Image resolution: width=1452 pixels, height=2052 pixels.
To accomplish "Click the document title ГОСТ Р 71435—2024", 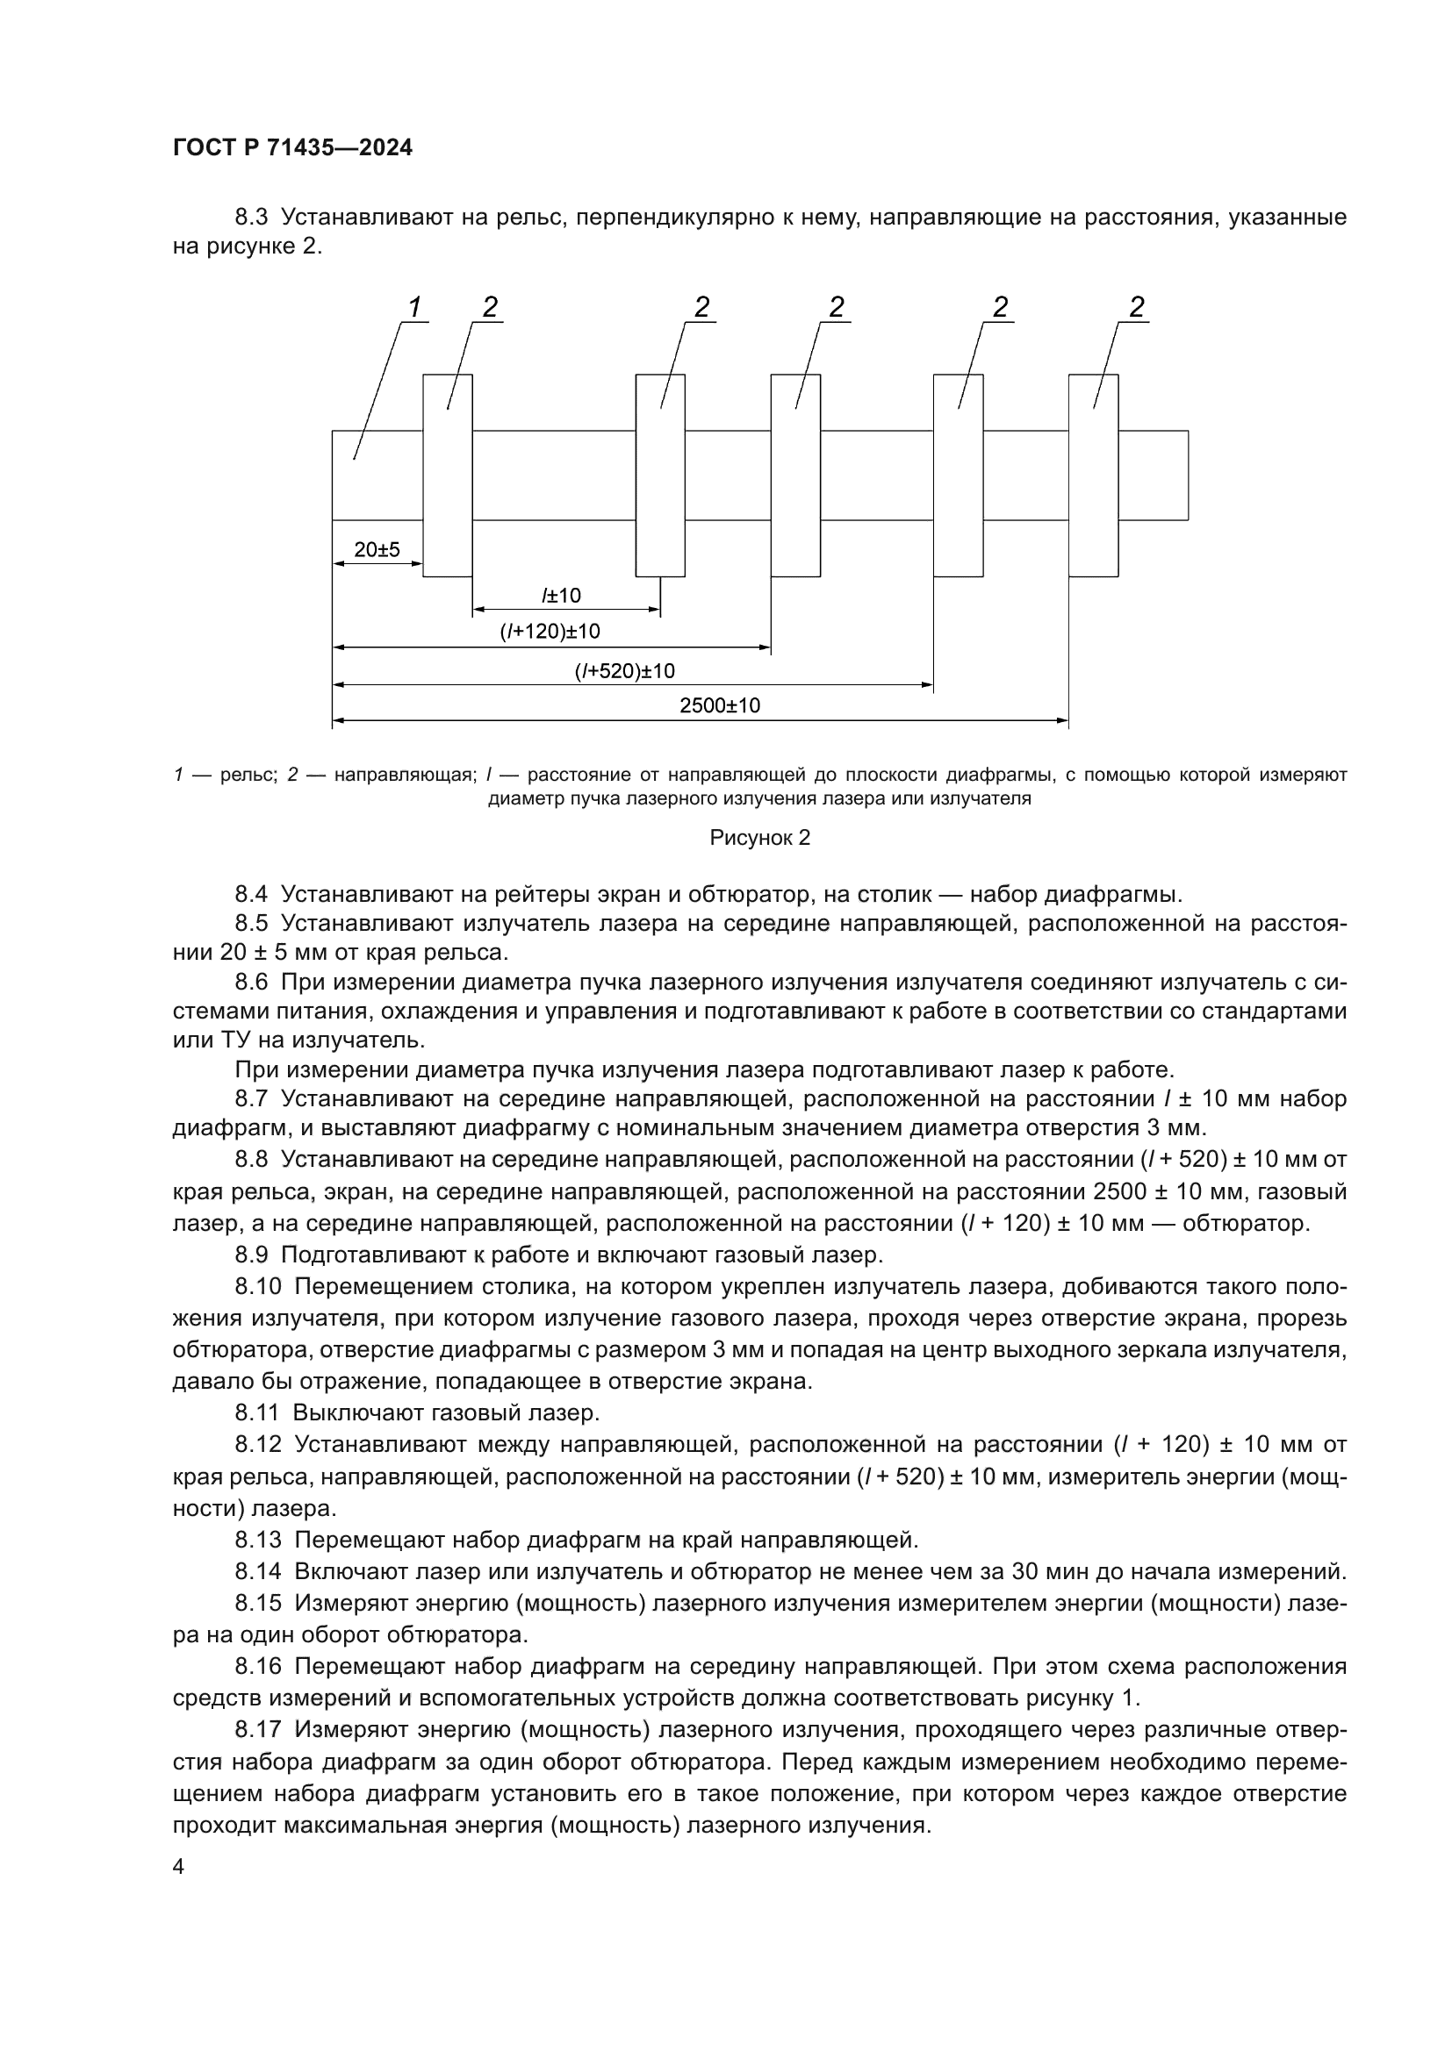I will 292,148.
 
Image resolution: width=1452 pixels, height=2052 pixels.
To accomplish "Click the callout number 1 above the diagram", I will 414,307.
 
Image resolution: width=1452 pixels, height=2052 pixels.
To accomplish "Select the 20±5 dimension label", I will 377,550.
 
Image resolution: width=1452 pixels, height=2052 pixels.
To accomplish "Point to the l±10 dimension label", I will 561,595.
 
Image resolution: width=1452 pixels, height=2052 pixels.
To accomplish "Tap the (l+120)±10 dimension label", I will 550,632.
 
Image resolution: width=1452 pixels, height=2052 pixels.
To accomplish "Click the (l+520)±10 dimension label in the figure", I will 624,671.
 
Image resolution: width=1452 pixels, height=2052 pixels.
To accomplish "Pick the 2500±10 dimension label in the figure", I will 720,705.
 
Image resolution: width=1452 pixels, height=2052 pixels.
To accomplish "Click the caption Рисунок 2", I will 760,838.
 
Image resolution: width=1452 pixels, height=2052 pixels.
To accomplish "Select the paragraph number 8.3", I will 251,218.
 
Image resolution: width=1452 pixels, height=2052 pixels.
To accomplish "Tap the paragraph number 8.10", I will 257,1286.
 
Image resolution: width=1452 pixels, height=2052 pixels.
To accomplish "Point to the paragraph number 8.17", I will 257,1729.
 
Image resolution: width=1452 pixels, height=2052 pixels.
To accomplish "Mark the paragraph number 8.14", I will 257,1571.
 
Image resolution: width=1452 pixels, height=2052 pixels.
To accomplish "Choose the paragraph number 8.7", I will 251,1098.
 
